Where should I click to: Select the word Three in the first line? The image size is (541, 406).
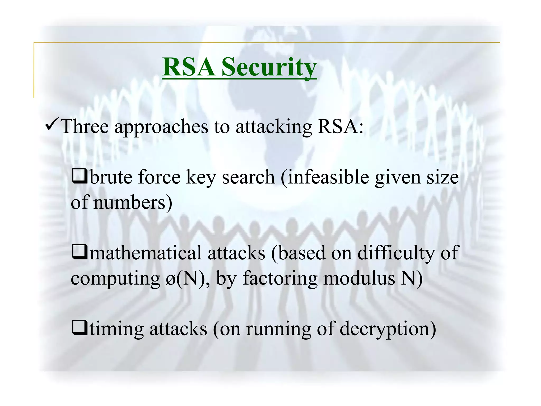85,126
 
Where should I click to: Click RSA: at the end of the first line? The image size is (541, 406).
341,126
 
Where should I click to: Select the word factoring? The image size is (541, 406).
280,279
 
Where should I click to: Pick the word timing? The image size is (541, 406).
117,329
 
